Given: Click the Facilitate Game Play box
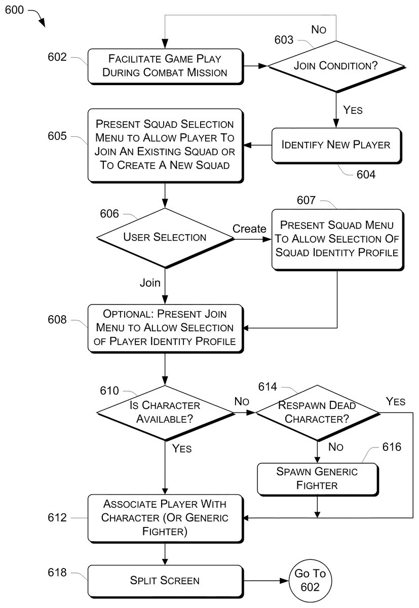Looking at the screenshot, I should point(165,66).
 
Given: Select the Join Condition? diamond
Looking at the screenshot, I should point(336,66).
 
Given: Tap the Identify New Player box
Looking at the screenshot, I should point(336,145).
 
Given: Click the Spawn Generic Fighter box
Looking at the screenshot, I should point(317,478).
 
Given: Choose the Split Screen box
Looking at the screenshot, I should point(165,581).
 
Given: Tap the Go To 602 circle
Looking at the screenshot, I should point(310,581).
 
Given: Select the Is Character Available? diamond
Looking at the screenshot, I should point(165,412).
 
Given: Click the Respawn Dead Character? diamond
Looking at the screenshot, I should point(317,412).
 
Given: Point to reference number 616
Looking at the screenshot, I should point(392,447).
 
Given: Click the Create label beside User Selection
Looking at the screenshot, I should point(249,229).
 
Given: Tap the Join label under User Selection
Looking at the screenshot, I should point(150,283).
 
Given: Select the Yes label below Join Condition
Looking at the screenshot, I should point(353,109).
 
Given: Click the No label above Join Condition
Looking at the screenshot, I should point(319,29).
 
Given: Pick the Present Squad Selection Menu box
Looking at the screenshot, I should point(165,145).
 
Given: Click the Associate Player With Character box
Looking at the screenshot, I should point(165,518).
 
